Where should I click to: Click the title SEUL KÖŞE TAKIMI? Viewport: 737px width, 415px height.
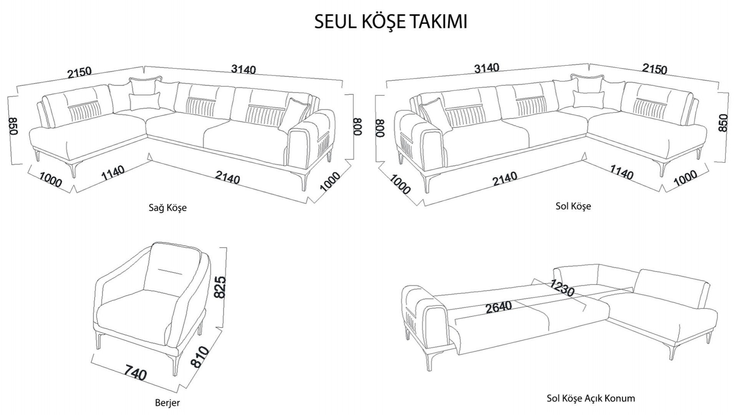pyautogui.click(x=390, y=22)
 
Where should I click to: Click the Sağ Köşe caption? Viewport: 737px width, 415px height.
pyautogui.click(x=167, y=208)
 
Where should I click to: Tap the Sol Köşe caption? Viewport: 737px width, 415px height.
pyautogui.click(x=573, y=206)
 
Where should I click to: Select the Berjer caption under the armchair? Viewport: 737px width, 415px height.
pyautogui.click(x=167, y=403)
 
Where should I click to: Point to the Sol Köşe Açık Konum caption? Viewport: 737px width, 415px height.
pyautogui.click(x=590, y=398)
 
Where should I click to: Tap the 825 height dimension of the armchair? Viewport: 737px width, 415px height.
pyautogui.click(x=220, y=287)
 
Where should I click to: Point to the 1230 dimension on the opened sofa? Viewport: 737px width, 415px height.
pyautogui.click(x=562, y=288)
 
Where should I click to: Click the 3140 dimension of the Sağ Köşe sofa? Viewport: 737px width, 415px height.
pyautogui.click(x=243, y=69)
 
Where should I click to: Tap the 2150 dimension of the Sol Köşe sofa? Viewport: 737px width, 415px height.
pyautogui.click(x=655, y=69)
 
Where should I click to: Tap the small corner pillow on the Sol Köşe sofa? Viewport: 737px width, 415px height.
pyautogui.click(x=587, y=99)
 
